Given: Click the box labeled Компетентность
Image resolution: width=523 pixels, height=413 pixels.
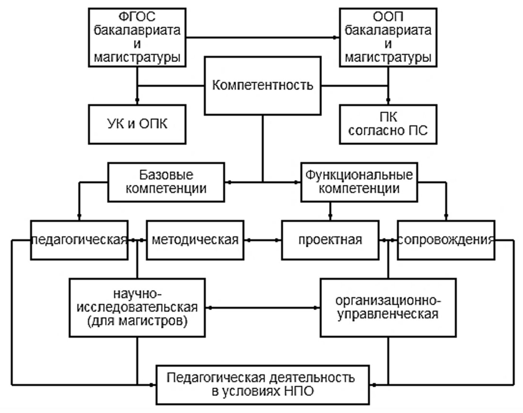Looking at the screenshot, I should click(263, 86).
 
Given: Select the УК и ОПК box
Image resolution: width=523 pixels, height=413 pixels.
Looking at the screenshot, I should click(137, 124).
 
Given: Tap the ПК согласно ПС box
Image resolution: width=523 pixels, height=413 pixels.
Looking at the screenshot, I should click(388, 124).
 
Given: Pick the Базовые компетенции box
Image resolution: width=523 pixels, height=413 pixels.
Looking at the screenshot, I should click(166, 182).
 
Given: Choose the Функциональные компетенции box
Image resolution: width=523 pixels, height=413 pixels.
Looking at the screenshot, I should click(359, 182).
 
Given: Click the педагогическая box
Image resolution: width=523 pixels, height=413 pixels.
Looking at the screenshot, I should click(79, 240).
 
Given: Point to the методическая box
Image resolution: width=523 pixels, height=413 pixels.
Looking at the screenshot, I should click(195, 240).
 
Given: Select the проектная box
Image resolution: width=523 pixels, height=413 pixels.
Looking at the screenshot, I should click(330, 240).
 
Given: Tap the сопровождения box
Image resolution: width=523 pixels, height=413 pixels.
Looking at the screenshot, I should click(446, 240).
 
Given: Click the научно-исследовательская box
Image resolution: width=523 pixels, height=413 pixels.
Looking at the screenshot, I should click(137, 307).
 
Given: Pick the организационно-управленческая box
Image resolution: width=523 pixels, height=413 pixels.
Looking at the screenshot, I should click(388, 307).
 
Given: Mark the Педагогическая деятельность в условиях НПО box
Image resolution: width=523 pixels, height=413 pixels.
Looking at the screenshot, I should click(263, 385).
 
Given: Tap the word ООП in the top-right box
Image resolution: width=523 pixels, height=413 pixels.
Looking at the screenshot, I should click(388, 17).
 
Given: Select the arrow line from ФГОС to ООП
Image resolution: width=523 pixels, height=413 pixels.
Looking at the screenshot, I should click(263, 37).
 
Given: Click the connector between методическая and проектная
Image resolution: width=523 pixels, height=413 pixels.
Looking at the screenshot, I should click(263, 240).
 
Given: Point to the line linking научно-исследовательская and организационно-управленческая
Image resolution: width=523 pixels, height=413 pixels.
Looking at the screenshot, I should click(263, 308).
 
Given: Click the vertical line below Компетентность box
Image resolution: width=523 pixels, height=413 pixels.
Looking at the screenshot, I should click(263, 148).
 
